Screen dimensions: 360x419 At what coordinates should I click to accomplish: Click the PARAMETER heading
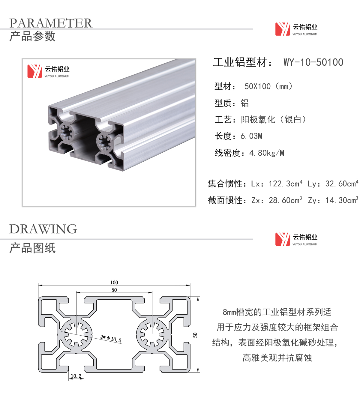51,23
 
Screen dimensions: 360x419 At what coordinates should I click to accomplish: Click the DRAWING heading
43,229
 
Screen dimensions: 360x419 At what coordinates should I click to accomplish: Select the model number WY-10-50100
313,62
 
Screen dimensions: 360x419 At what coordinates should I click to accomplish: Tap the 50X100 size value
257,86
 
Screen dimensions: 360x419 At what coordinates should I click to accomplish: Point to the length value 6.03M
251,136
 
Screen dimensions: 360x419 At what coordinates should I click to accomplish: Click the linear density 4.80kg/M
267,153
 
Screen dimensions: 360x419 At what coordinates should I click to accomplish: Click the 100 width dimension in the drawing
114,282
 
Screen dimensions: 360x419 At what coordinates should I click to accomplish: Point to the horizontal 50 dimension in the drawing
114,290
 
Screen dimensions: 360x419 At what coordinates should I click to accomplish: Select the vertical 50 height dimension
195,335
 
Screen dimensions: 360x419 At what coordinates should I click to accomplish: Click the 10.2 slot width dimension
76,376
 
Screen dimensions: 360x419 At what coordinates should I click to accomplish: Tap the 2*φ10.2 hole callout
111,339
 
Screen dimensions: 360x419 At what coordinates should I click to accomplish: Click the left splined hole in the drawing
76,334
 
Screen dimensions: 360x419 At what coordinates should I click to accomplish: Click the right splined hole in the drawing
152,334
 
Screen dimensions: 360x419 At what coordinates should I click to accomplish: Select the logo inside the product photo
48,71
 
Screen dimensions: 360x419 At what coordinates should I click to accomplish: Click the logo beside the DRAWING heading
296,239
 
